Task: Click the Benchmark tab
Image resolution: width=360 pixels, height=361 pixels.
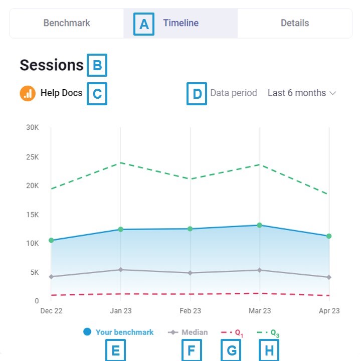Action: [67, 23]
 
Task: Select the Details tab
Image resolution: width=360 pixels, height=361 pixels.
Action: [295, 23]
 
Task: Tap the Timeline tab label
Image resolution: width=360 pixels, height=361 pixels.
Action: [181, 23]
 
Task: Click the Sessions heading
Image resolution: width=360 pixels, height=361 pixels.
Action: [52, 65]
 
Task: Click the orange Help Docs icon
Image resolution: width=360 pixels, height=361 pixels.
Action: [28, 93]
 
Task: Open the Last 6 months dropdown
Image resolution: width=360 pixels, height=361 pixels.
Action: [301, 93]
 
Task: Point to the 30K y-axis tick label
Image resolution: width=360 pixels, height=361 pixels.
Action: [33, 127]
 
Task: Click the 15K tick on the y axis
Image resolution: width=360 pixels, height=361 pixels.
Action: [33, 215]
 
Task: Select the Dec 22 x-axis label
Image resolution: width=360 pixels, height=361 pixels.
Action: [51, 311]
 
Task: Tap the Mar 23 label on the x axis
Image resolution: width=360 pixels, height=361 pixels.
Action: [260, 311]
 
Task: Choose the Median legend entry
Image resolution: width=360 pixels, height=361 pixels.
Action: [188, 332]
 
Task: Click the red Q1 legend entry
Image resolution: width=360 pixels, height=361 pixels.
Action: [232, 332]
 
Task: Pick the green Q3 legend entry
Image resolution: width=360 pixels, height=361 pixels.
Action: [268, 332]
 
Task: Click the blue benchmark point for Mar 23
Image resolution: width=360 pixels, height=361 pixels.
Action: [260, 225]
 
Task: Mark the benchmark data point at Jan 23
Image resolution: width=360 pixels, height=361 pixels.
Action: [120, 230]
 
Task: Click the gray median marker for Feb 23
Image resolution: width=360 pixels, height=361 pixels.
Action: [190, 273]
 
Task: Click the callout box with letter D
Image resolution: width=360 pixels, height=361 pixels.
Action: [197, 94]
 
